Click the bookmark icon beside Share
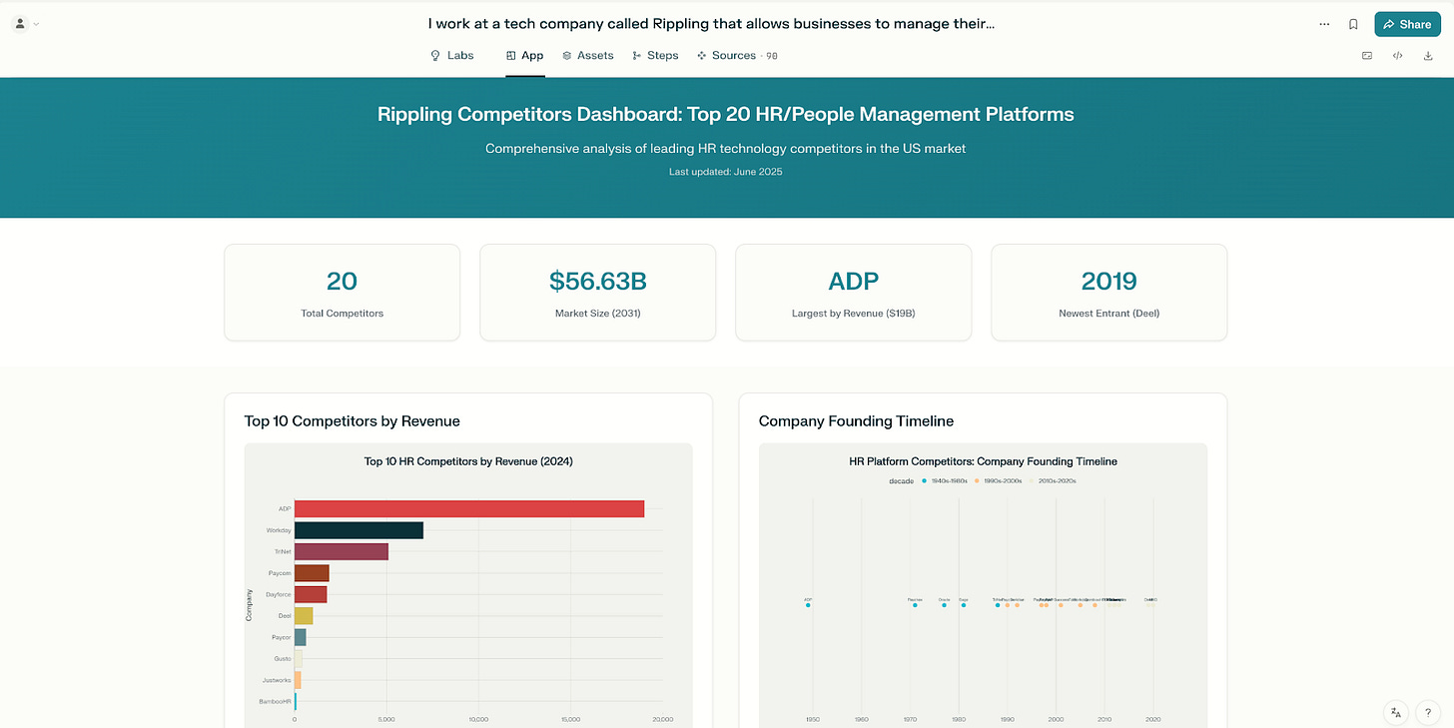click(x=1353, y=24)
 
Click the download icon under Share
click(x=1428, y=56)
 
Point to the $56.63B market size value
click(x=597, y=282)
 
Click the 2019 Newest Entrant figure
click(x=1108, y=282)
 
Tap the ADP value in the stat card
click(x=853, y=282)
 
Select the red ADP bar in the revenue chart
click(x=469, y=509)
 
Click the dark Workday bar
click(x=359, y=530)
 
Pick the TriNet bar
click(x=341, y=551)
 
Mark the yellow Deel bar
click(x=304, y=616)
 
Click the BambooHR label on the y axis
click(x=275, y=702)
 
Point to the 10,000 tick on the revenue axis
click(x=478, y=719)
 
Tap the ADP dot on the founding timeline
click(x=808, y=605)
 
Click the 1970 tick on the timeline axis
click(x=910, y=719)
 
